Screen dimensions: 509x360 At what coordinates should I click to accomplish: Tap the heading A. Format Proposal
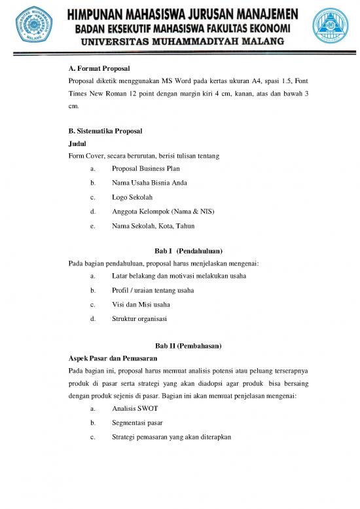coord(99,68)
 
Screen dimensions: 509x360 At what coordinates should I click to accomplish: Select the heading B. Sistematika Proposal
coord(105,131)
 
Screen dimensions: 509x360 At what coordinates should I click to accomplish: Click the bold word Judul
coord(77,143)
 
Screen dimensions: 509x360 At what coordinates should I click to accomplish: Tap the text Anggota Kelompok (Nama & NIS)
coord(163,212)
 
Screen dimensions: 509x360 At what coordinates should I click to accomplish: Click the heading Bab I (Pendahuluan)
coord(189,251)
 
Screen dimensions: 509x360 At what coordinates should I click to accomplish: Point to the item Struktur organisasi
coord(139,319)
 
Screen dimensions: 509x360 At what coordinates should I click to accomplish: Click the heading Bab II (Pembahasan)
coord(189,345)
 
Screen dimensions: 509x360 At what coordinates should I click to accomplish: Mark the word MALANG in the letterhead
coord(259,41)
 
